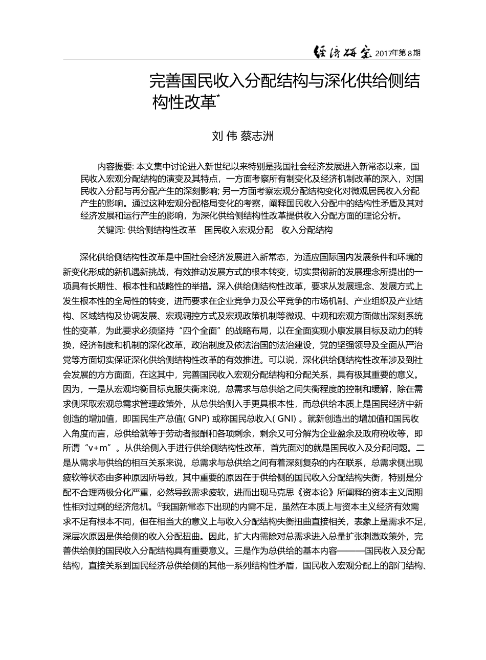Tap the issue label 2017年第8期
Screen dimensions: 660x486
point(398,53)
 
